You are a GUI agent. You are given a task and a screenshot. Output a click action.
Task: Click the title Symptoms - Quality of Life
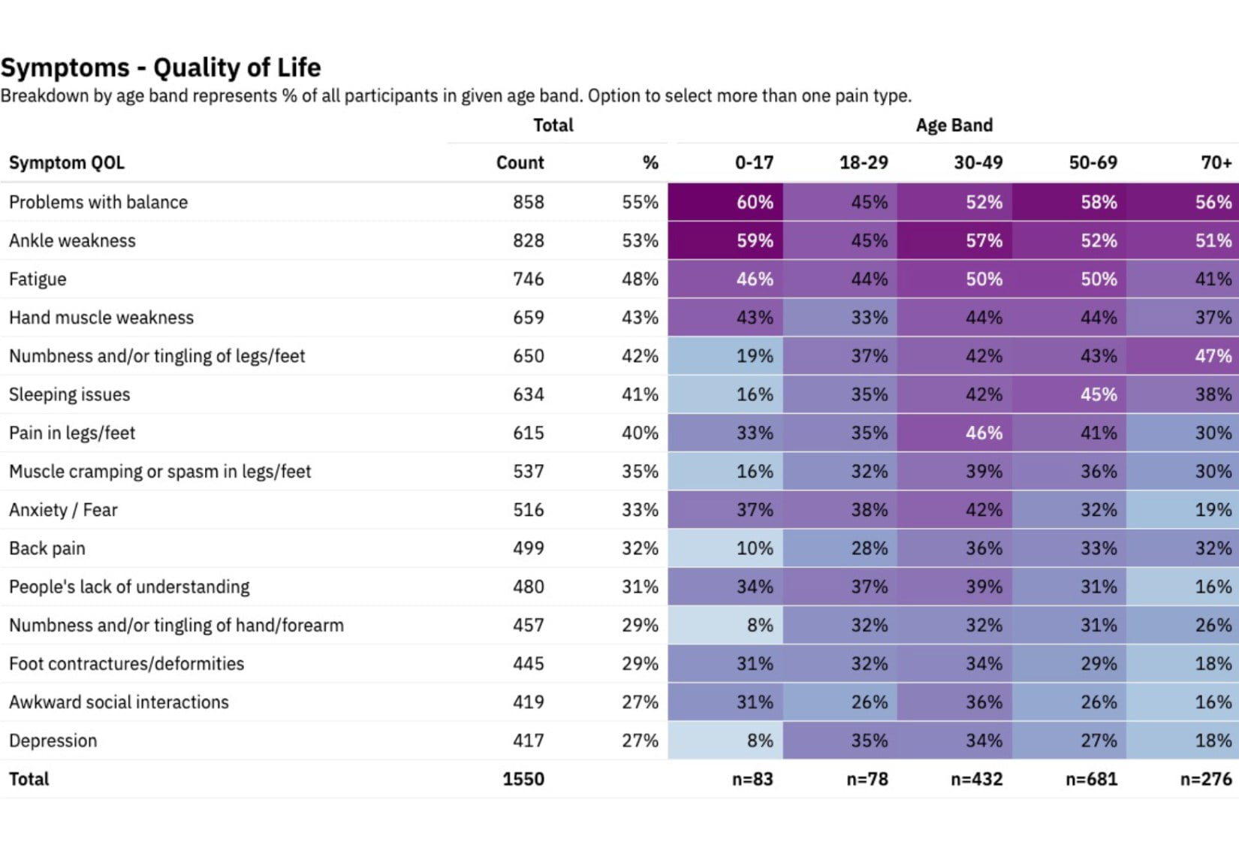pos(161,68)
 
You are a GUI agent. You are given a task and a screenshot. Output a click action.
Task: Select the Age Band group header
pos(954,125)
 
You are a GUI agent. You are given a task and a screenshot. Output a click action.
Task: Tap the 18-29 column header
pos(864,163)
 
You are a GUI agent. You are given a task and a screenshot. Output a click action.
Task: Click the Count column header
pos(520,163)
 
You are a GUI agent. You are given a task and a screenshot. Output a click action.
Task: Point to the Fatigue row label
pos(38,279)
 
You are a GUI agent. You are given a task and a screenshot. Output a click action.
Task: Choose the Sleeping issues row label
pos(70,394)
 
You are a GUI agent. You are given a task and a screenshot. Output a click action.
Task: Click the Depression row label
pos(53,741)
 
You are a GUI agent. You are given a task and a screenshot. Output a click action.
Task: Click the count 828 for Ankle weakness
pos(528,240)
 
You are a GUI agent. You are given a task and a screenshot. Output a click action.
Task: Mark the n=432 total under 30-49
pos(976,779)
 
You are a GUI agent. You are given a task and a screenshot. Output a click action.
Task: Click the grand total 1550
pos(523,779)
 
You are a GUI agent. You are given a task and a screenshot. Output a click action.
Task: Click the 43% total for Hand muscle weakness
pos(640,318)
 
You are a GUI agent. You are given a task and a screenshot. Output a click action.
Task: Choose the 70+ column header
pos(1216,163)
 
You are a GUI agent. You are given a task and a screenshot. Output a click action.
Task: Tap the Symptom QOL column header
pos(67,163)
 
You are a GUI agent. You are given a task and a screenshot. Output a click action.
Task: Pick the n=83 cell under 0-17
pos(752,779)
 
